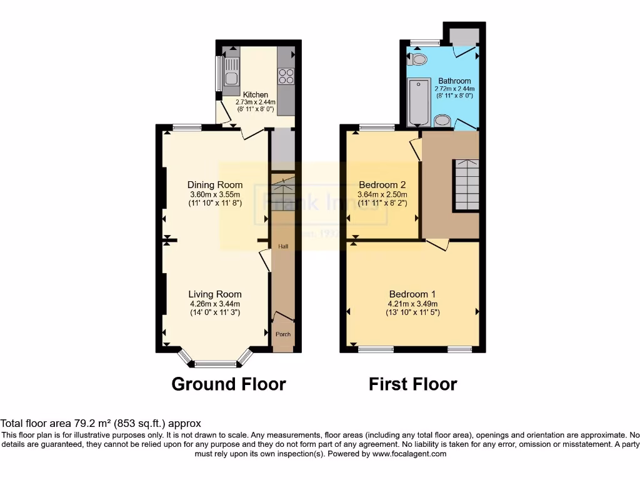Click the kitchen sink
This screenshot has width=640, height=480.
(231, 71)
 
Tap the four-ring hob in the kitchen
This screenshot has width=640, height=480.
(286, 76)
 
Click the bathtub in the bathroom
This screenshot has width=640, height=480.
(419, 102)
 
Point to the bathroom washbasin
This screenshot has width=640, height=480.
(442, 121)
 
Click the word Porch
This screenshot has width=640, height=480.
(283, 334)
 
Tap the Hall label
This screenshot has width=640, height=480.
(283, 247)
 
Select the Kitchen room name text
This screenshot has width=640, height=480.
(256, 95)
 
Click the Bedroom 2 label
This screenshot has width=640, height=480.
(382, 185)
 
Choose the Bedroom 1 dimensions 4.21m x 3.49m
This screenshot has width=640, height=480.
(413, 304)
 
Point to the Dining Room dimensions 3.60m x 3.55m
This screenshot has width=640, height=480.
(215, 194)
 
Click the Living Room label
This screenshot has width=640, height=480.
(215, 294)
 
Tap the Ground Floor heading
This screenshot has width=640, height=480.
(229, 384)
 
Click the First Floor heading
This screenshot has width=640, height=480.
(412, 384)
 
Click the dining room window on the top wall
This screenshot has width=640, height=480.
(187, 128)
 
